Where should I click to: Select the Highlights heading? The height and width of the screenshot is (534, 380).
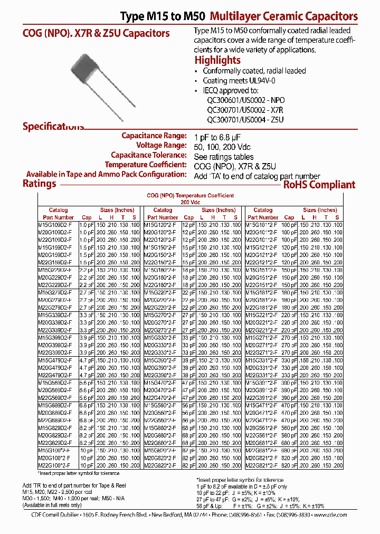(x=217, y=60)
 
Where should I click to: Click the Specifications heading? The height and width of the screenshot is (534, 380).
(x=53, y=127)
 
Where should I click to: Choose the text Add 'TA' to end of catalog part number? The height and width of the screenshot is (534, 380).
(x=257, y=176)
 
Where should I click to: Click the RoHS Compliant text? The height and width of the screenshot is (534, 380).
(x=319, y=185)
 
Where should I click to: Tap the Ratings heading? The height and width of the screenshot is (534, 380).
(x=40, y=184)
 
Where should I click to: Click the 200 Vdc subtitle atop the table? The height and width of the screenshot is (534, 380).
(x=191, y=202)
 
